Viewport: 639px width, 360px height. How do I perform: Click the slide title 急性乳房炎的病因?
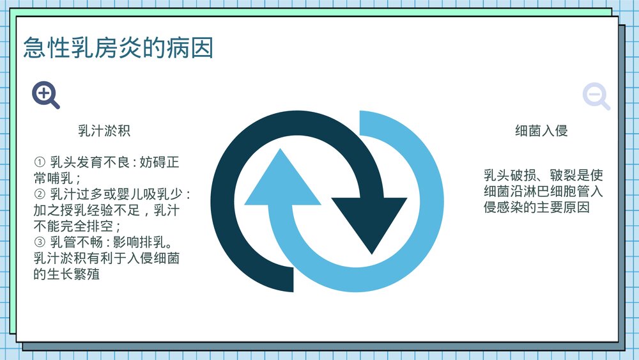[x=118, y=48]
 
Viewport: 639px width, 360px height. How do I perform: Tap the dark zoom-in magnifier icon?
[x=45, y=95]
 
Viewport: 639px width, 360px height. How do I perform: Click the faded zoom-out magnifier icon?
[x=596, y=97]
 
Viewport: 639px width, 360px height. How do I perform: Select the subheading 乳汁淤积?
[x=104, y=131]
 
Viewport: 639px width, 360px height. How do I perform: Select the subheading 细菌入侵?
[x=541, y=131]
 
